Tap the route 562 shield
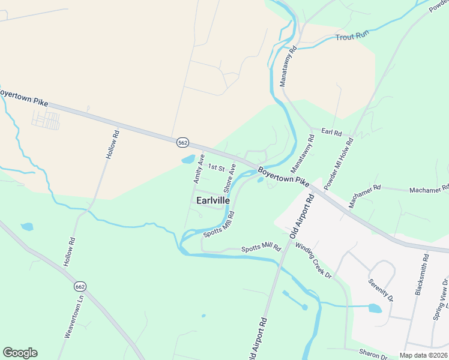[183, 142]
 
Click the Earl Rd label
[331, 131]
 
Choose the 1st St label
[216, 167]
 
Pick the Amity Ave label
[197, 168]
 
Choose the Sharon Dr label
[373, 354]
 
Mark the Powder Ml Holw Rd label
[340, 164]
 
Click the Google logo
[20, 353]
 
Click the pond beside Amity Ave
[188, 160]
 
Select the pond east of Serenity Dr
[375, 308]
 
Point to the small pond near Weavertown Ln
[27, 227]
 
